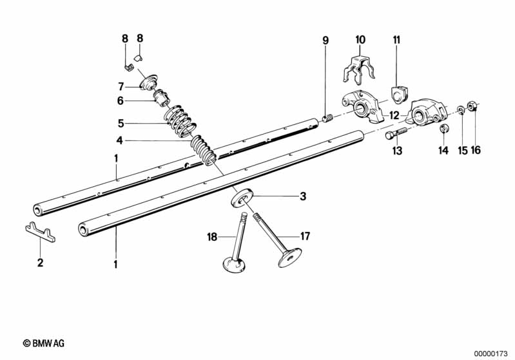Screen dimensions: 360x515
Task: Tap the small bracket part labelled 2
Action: tap(40, 232)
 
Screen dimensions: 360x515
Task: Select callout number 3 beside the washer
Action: tap(302, 197)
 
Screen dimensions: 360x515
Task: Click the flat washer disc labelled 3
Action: tap(240, 195)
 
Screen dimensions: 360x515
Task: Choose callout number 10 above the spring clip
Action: tap(360, 40)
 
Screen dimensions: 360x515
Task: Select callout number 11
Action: tap(396, 40)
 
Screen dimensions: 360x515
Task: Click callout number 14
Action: tap(442, 151)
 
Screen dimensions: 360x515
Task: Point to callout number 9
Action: tap(326, 40)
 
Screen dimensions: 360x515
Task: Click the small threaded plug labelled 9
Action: tap(327, 118)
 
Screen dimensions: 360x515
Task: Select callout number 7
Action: tap(120, 86)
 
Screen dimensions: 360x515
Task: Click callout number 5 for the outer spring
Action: tap(120, 122)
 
